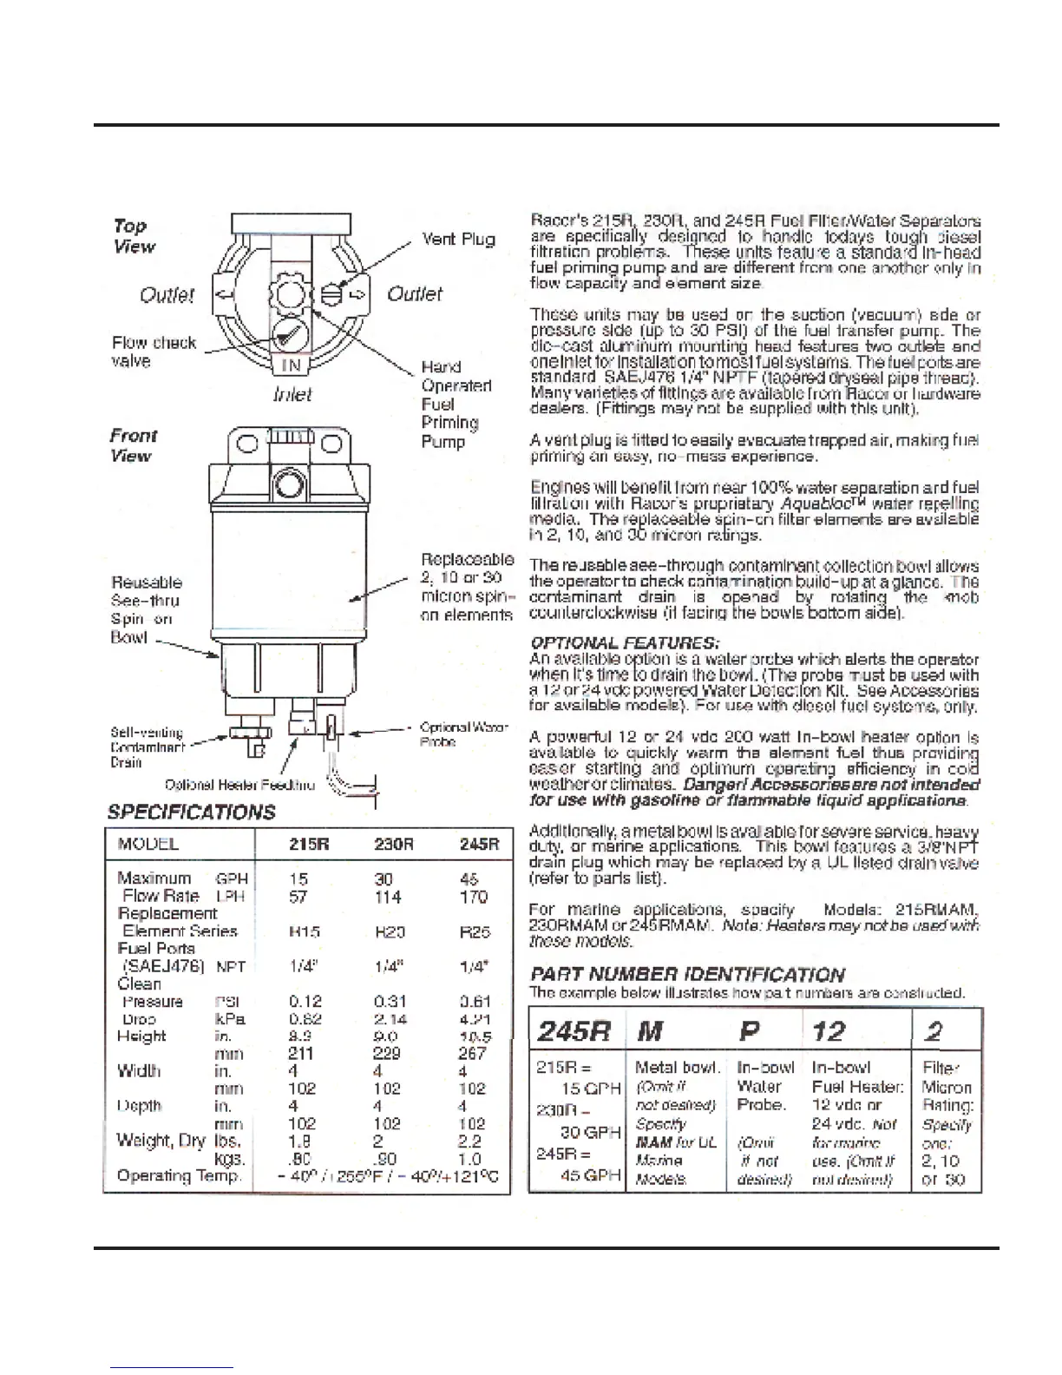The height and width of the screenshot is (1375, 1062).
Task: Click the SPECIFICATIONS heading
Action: coord(191,812)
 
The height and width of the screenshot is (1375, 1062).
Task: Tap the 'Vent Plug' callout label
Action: coord(458,239)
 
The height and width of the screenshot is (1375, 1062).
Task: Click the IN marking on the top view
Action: coord(291,366)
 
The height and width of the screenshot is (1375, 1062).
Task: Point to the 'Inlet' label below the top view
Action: coord(292,395)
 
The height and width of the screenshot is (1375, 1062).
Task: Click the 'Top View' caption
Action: coord(133,236)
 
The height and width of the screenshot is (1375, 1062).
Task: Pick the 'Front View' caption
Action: coord(133,445)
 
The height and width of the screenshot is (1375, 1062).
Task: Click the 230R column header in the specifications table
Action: coord(393,844)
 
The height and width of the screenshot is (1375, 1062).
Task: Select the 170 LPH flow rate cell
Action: coord(474,897)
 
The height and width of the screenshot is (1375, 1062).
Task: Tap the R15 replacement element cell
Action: coord(305,931)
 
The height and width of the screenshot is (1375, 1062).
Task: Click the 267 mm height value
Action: coord(473,1054)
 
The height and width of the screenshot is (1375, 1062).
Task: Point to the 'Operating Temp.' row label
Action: coord(179,1176)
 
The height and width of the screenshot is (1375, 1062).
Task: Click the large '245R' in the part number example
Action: coord(574,1031)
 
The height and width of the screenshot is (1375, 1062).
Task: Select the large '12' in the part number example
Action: coord(829,1031)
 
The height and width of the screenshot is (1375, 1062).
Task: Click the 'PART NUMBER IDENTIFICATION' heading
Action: coord(687,974)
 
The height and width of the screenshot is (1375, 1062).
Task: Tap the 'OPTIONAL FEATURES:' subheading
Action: coord(624,643)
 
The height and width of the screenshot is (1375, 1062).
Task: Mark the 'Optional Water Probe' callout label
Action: coord(463,734)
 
